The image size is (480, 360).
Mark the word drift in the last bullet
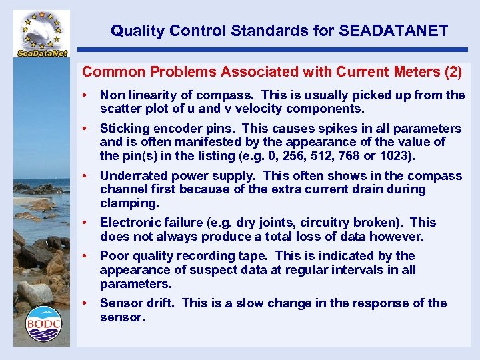160,303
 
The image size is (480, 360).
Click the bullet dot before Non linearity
85,95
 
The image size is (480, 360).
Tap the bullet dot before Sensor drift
85,303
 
